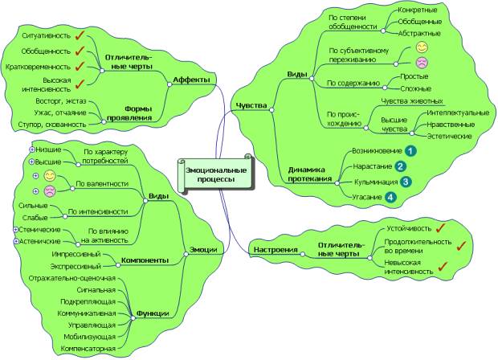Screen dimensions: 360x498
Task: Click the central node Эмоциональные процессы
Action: click(x=213, y=175)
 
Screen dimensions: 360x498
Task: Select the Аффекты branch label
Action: click(x=191, y=80)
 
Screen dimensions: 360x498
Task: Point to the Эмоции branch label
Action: click(x=202, y=250)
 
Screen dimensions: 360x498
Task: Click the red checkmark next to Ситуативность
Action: click(x=80, y=36)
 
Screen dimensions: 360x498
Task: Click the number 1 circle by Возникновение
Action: click(x=410, y=150)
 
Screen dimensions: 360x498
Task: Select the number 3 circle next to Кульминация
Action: click(x=406, y=182)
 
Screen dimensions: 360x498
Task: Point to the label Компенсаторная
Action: click(x=88, y=349)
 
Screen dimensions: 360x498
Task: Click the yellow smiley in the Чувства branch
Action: click(x=421, y=49)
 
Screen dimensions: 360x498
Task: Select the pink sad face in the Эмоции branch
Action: click(x=49, y=190)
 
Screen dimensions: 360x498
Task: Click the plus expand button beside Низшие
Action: click(x=32, y=149)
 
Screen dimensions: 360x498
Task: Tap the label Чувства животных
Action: click(x=411, y=101)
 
